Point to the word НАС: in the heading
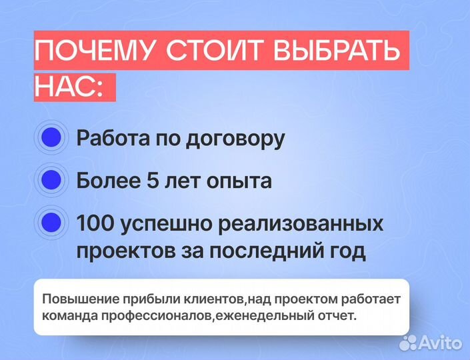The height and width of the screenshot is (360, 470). tap(69, 87)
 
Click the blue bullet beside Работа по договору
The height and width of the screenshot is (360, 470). tap(51, 139)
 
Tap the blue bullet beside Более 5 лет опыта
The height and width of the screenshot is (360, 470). tap(51, 180)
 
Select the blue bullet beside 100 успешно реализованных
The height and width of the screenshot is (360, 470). tap(51, 222)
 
